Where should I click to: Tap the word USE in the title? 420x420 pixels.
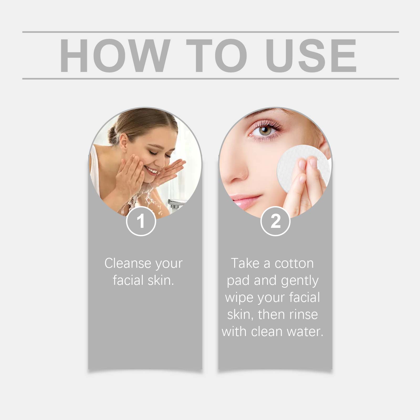[x=311, y=55]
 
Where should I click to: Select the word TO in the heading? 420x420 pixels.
[x=217, y=55]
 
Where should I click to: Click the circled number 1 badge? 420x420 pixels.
[x=141, y=221]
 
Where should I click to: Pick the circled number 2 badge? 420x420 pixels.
[x=275, y=221]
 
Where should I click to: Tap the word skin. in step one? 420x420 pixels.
[x=161, y=280]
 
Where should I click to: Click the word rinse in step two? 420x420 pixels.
[x=303, y=314]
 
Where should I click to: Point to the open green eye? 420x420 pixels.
[x=265, y=130]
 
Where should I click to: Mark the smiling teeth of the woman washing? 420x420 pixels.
[x=152, y=171]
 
